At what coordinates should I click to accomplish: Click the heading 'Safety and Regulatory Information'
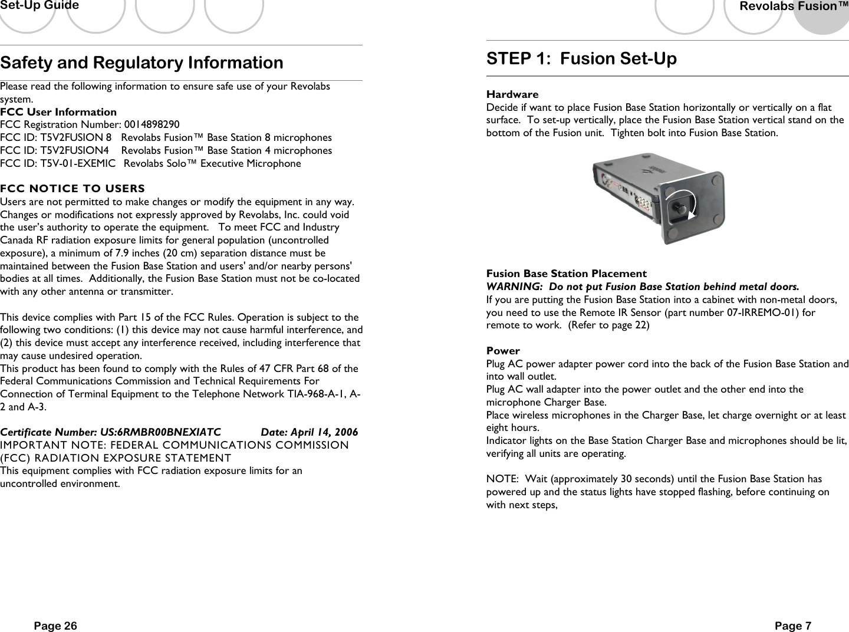141,62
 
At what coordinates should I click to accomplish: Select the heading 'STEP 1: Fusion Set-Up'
581,59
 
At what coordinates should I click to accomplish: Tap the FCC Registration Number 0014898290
152,124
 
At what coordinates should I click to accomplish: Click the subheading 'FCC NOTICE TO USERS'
73,189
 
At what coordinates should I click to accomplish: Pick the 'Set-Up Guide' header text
40,6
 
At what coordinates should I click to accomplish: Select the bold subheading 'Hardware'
512,94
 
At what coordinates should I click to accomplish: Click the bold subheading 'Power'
503,351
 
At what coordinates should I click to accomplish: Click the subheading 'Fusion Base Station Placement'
566,274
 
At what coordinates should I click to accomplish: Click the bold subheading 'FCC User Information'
58,112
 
